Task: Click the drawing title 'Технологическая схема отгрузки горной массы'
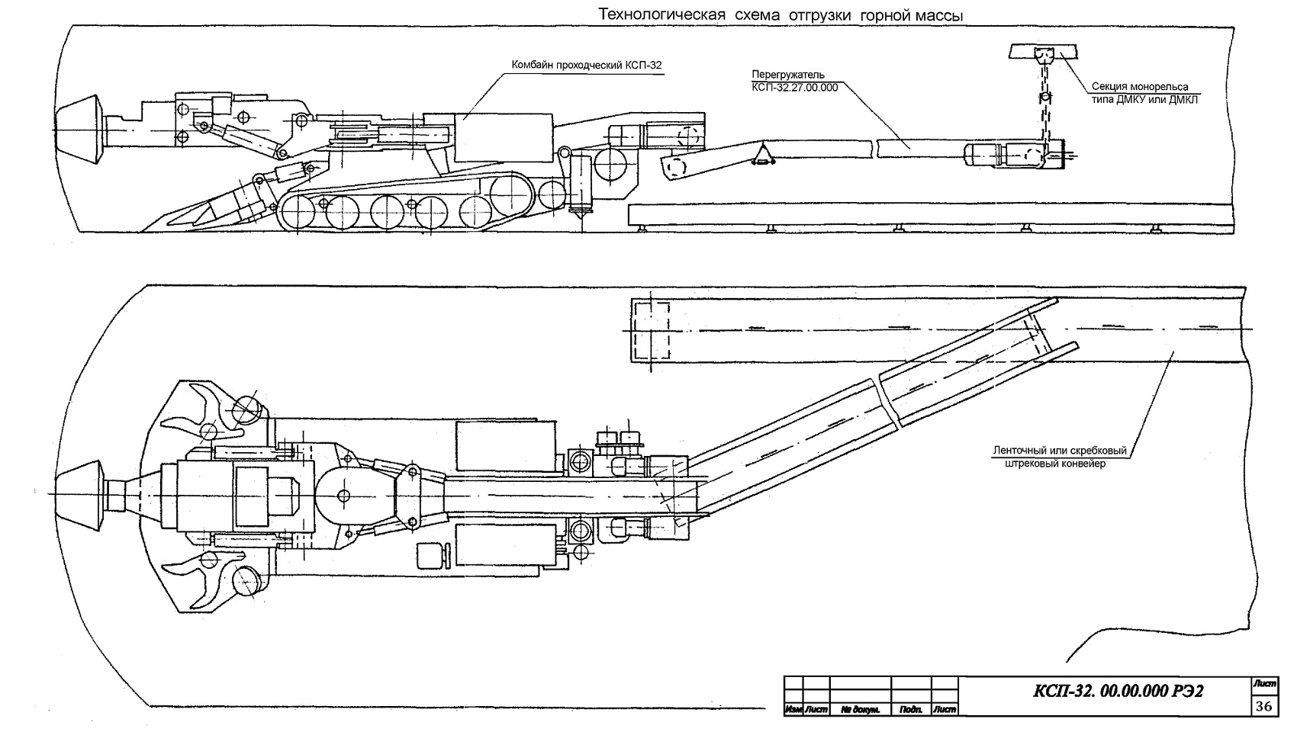click(780, 15)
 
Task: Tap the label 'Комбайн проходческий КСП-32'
click(586, 65)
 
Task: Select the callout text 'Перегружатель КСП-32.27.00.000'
click(794, 81)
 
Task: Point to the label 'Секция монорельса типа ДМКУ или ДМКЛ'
click(1144, 93)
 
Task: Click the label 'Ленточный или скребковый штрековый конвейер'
click(1060, 457)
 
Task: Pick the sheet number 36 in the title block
click(1264, 706)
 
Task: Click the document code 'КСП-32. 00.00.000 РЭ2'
click(1118, 691)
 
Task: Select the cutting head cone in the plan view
click(81, 496)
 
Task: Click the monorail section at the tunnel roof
click(1043, 52)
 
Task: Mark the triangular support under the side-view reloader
click(763, 155)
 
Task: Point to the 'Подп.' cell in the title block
click(911, 709)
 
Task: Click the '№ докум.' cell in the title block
click(861, 709)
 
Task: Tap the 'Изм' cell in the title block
click(793, 709)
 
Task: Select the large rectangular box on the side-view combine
click(504, 138)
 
